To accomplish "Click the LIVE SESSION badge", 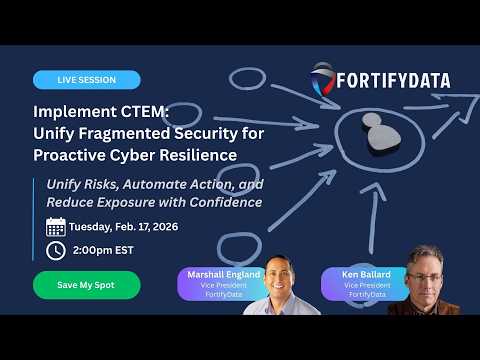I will (86, 80).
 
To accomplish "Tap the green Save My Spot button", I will (86, 285).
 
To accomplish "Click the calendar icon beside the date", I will (56, 226).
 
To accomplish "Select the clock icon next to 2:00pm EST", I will (56, 250).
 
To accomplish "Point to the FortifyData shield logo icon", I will (322, 80).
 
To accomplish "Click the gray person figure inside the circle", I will (372, 129).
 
